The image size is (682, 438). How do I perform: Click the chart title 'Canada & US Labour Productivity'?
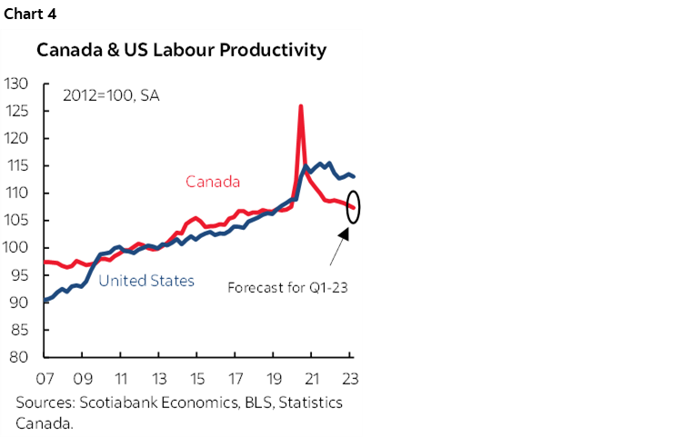pyautogui.click(x=181, y=51)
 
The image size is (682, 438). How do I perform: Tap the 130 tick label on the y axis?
pyautogui.click(x=15, y=85)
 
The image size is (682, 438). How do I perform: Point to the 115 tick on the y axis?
pyautogui.click(x=15, y=166)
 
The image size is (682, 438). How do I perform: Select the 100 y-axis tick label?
pyautogui.click(x=15, y=248)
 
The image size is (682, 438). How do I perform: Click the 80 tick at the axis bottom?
pyautogui.click(x=19, y=357)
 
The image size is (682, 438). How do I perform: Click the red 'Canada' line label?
pyautogui.click(x=213, y=182)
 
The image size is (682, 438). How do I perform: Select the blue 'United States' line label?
pyautogui.click(x=146, y=281)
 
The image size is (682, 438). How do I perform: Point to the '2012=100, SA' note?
pyautogui.click(x=111, y=95)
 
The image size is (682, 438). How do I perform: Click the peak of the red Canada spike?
pyautogui.click(x=300, y=106)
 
